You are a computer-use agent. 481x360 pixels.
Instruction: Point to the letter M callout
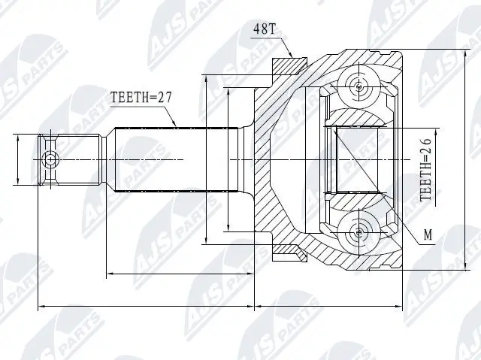pyautogui.click(x=428, y=235)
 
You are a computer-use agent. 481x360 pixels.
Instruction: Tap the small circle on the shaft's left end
pyautogui.click(x=50, y=159)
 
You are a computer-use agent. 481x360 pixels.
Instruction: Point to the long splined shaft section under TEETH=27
pyautogui.click(x=173, y=159)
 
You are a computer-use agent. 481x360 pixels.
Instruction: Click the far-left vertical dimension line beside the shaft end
pyautogui.click(x=17, y=159)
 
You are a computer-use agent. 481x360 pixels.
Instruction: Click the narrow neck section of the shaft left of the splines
pyautogui.click(x=107, y=159)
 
